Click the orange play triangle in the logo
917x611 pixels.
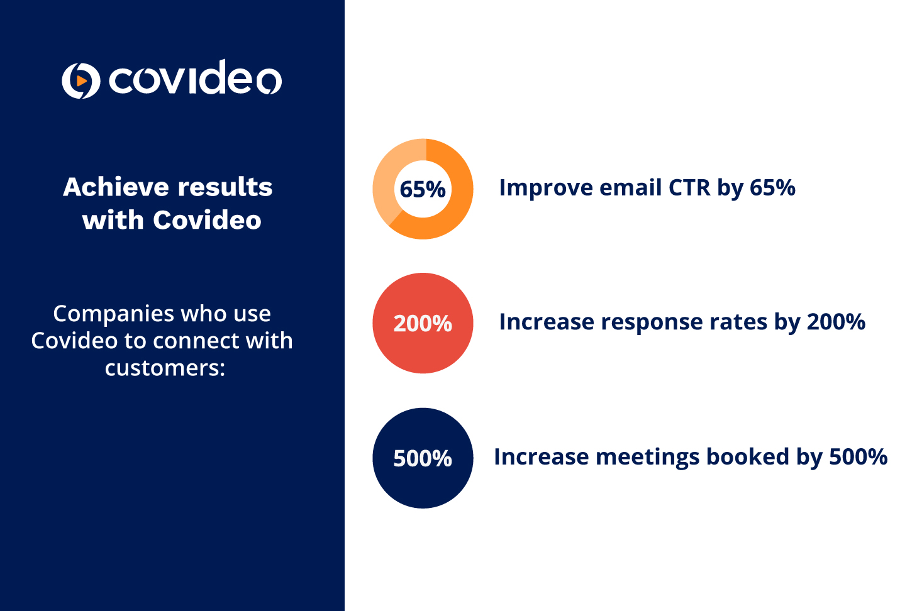pos(82,80)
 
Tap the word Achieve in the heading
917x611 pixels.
pos(116,187)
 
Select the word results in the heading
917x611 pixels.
pos(225,187)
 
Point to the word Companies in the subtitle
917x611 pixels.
pos(114,314)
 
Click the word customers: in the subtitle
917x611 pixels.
pos(165,368)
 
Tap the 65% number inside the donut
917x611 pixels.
pos(423,189)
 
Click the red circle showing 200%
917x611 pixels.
pos(423,323)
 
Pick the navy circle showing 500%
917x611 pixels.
pos(423,458)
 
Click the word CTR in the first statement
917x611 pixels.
pos(689,188)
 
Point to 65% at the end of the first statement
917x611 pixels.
pos(772,188)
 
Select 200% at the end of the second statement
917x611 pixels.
pos(836,322)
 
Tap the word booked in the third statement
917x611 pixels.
pos(748,457)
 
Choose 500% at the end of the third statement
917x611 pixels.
pos(859,457)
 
